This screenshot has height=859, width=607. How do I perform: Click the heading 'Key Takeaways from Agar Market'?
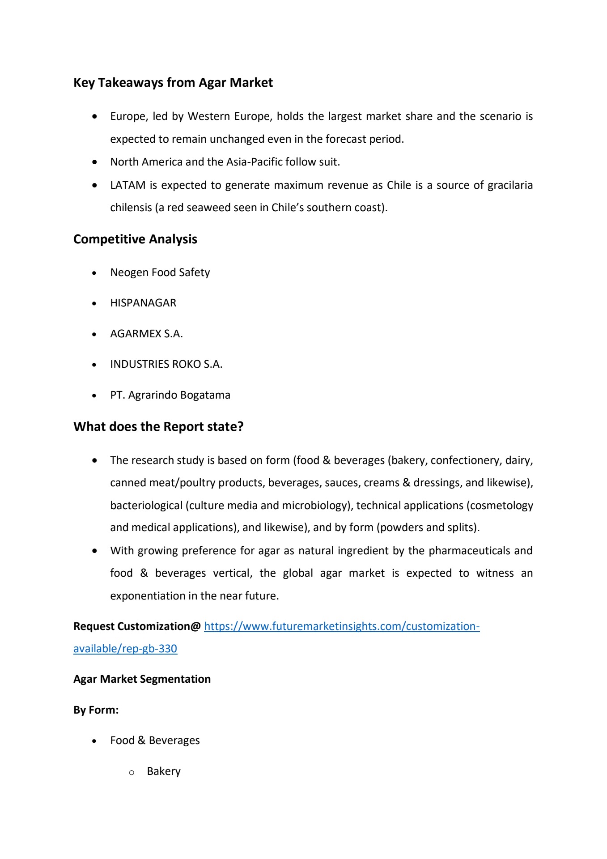pos(173,83)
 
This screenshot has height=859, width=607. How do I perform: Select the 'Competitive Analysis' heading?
pos(135,239)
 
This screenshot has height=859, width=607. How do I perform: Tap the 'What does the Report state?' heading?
pos(158,427)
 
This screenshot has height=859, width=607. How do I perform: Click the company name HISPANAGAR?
pos(143,303)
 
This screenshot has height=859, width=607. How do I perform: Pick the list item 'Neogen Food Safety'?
pos(160,272)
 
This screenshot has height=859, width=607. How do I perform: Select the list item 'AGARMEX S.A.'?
pos(146,334)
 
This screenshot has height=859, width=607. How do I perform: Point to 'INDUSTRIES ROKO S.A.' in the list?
pos(166,364)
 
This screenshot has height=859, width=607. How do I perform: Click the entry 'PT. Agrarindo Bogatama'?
pos(170,395)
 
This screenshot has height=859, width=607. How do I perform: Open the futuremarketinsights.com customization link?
pos(341,626)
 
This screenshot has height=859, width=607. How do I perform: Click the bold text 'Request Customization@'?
pos(137,626)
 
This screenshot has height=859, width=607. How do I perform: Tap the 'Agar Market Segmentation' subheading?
pos(142,679)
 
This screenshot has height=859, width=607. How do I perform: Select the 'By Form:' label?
pos(96,710)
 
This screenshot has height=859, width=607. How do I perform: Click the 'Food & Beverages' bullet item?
pos(155,740)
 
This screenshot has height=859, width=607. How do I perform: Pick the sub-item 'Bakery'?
pos(164,771)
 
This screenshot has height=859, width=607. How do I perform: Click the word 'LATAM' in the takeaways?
pos(127,185)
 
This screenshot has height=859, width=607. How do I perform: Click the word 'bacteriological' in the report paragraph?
pos(146,506)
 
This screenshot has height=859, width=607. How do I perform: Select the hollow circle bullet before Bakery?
pos(132,772)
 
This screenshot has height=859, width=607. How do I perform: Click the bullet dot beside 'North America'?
pos(94,162)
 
